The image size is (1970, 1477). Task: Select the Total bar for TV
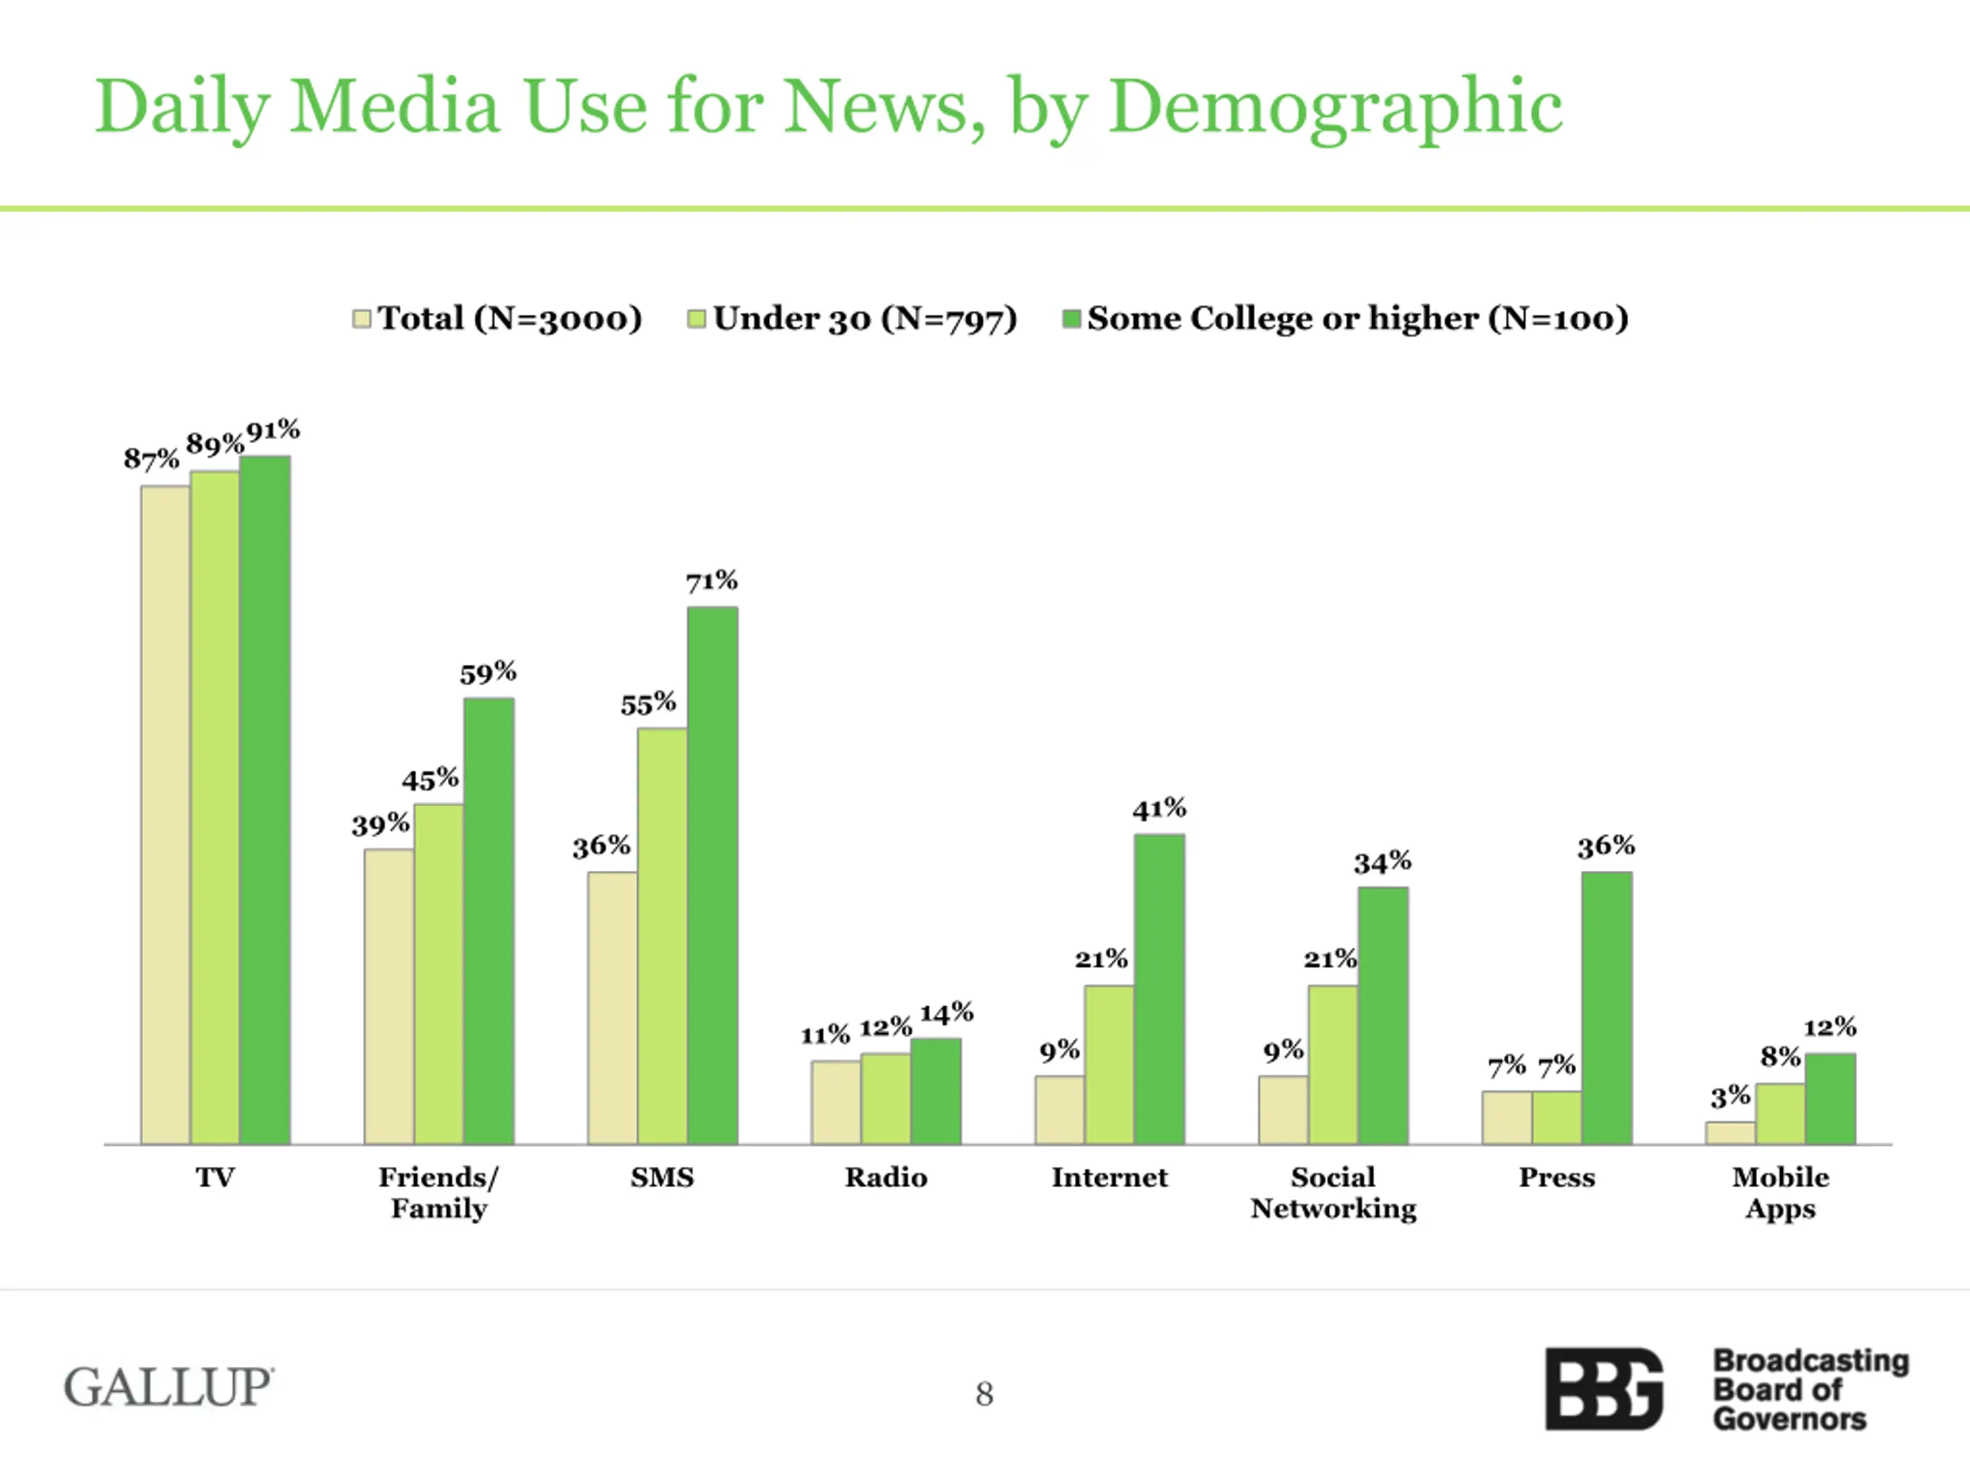tap(165, 815)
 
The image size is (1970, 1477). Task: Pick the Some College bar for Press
tap(1607, 1008)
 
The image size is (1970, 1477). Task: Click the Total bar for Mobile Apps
tap(1730, 1132)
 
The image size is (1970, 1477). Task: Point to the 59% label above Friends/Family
tap(488, 673)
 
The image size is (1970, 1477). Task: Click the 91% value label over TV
tap(273, 431)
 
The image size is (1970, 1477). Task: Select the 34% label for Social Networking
tap(1382, 862)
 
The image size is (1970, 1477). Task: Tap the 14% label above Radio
tap(946, 1013)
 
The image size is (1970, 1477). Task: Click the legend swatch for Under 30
tap(696, 318)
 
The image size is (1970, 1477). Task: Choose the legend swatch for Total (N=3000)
tap(362, 318)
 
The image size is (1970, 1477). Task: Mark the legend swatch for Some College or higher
tap(1071, 318)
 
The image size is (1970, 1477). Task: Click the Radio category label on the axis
tap(886, 1177)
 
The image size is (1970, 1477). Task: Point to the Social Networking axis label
tap(1334, 1193)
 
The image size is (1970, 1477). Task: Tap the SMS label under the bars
tap(662, 1177)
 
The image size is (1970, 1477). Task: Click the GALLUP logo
tap(169, 1387)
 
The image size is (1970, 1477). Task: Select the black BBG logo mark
tap(1603, 1389)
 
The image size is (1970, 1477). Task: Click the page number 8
tap(984, 1393)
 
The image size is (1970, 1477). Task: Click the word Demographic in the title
tap(1335, 107)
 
